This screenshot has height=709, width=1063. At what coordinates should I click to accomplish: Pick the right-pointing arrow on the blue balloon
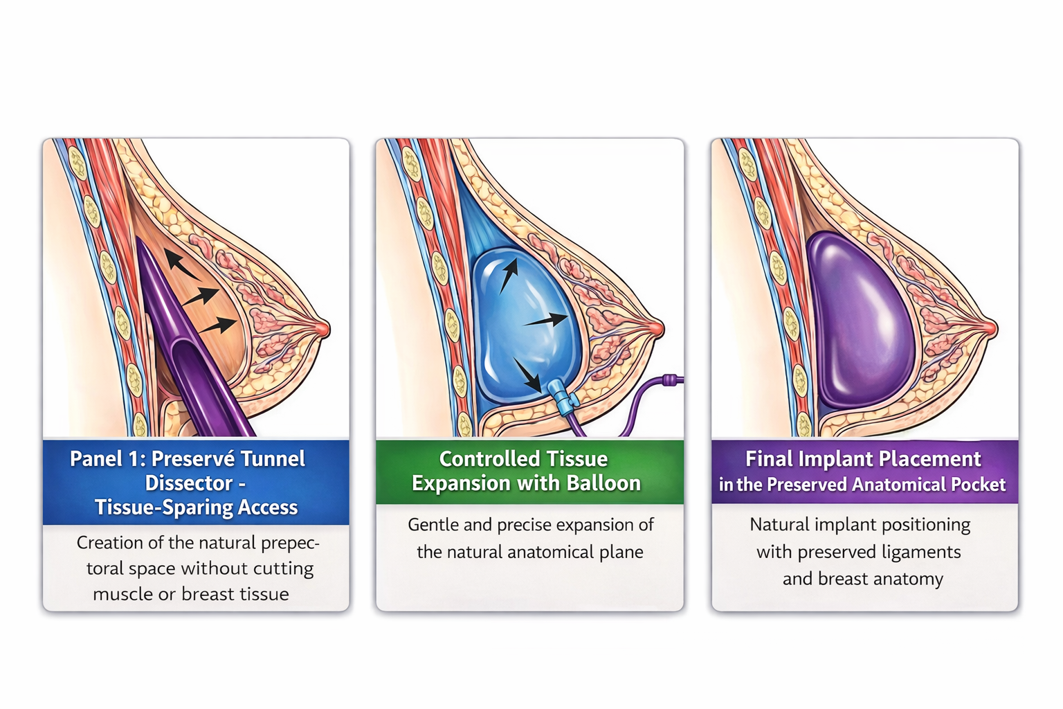click(x=546, y=321)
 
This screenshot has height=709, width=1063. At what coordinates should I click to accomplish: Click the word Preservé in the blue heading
click(x=189, y=459)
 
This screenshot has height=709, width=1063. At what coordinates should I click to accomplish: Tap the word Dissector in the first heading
click(x=188, y=483)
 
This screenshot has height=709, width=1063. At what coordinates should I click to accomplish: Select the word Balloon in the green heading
click(x=603, y=483)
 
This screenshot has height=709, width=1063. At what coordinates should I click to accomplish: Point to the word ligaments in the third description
click(x=921, y=553)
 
